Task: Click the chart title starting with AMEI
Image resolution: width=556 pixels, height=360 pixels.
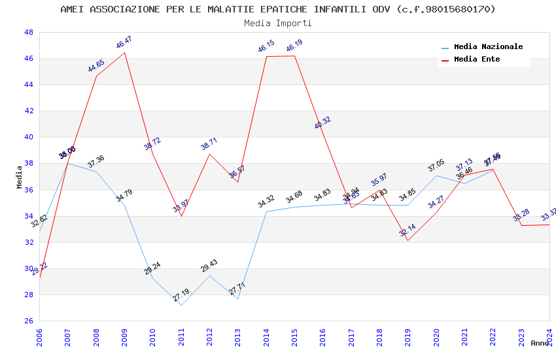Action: tap(278, 9)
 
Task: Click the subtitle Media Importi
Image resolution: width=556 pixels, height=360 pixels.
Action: tap(278, 23)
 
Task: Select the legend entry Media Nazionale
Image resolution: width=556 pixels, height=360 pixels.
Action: tap(488, 46)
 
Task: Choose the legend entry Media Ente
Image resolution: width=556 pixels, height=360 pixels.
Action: tap(477, 59)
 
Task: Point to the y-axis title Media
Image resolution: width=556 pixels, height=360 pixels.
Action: tap(19, 177)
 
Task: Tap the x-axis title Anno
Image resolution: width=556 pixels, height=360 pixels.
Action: tap(540, 343)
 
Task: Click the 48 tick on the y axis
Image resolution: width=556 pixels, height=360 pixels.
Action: tap(29, 32)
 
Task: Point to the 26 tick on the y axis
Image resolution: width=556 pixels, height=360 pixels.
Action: tap(29, 321)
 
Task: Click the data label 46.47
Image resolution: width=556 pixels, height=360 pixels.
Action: tap(124, 43)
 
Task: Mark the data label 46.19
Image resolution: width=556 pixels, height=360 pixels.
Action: tap(294, 46)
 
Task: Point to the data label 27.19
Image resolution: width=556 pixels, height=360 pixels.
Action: tap(181, 295)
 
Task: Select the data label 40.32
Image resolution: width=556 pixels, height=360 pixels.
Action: tap(322, 123)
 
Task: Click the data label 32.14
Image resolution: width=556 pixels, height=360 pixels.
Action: tap(408, 230)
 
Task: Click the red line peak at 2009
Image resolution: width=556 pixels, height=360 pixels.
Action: tap(124, 52)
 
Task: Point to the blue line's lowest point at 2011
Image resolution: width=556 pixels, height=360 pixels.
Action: tap(181, 305)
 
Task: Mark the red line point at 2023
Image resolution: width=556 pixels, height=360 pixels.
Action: tap(521, 225)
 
